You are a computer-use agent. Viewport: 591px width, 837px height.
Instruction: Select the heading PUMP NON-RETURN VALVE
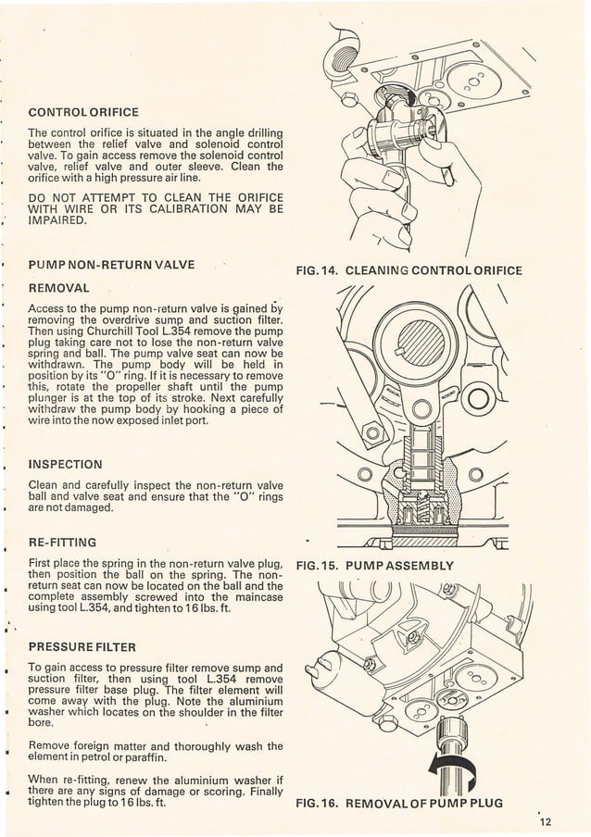coord(111,266)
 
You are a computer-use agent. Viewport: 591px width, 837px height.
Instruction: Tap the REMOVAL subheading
coord(58,288)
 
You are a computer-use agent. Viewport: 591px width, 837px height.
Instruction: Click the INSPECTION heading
coord(65,463)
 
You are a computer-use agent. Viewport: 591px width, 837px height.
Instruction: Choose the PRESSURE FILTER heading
coord(82,645)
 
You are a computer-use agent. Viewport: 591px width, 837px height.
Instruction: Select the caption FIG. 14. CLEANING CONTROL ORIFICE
coord(408,271)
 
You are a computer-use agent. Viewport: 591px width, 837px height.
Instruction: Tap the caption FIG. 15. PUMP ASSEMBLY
coord(373,565)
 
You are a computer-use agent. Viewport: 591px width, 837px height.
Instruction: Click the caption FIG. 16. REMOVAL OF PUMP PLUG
coord(398,803)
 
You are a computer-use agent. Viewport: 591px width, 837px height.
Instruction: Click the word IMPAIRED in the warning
coord(57,221)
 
